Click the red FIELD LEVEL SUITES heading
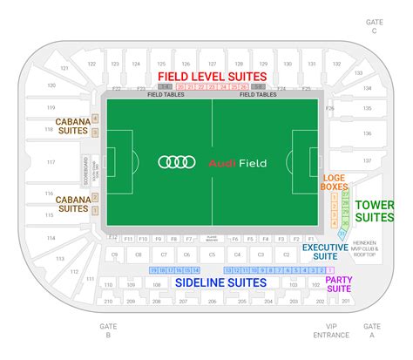click(213, 77)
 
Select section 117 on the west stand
click(51, 162)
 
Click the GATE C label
click(375, 25)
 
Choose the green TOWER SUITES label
click(374, 211)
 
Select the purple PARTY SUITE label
click(339, 283)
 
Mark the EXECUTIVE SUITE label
click(326, 252)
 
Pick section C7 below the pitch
click(161, 254)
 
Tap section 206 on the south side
click(212, 301)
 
